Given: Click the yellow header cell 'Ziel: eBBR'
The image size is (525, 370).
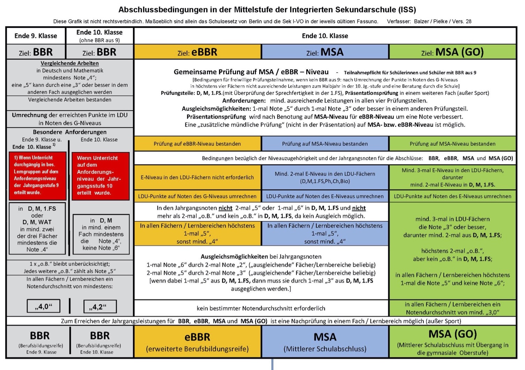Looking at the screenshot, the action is [x=197, y=52].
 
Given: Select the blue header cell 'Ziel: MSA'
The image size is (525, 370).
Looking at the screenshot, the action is [x=325, y=52].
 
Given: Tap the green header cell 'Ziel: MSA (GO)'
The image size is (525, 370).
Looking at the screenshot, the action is [x=452, y=52].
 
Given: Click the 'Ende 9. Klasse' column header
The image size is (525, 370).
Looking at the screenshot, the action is [x=36, y=36].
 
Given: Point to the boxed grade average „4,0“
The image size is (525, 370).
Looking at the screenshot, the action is [x=44, y=306].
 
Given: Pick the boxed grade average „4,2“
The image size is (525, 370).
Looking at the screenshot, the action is [x=100, y=307].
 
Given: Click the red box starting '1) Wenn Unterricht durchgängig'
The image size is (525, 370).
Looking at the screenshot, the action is [x=38, y=176].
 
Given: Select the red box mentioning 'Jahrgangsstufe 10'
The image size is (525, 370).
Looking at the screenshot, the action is [x=100, y=176].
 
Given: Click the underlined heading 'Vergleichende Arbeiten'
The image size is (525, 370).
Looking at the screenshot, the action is [x=70, y=63].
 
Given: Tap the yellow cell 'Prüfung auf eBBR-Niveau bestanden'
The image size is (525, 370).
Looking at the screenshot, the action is [x=197, y=144].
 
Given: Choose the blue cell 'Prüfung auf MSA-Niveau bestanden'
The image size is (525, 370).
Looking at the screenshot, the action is [x=325, y=144].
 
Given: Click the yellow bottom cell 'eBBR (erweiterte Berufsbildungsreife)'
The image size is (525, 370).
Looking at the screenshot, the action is [x=197, y=342].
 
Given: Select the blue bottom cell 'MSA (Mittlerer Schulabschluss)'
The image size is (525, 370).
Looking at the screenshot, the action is [x=325, y=342].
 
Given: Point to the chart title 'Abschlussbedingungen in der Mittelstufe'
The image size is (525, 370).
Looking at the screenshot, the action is [x=267, y=10].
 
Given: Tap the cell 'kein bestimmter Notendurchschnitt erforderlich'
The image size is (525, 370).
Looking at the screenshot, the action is [x=261, y=308].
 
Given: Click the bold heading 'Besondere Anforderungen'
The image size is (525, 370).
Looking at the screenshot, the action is [x=70, y=132].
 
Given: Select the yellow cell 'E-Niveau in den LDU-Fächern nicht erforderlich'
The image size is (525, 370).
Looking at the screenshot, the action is [x=197, y=177].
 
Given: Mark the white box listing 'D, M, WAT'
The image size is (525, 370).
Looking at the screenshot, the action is [x=37, y=228].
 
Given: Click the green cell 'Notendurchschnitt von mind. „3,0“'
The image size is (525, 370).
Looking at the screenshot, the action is [x=452, y=308].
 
